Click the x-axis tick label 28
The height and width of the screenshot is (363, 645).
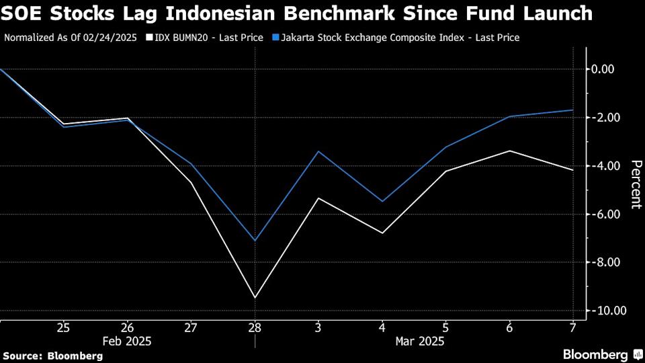255,327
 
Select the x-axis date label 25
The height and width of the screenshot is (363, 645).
64,327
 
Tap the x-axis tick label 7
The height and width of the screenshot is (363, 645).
572,327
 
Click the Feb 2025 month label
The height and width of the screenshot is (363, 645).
127,341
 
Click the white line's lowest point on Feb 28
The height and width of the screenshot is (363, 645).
255,297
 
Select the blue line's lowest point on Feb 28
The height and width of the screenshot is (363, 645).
255,240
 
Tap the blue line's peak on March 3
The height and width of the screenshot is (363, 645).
318,151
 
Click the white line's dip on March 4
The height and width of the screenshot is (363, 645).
382,233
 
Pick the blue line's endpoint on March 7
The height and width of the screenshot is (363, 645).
572,110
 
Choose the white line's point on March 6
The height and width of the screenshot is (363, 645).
509,151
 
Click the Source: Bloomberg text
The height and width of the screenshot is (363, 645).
53,356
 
